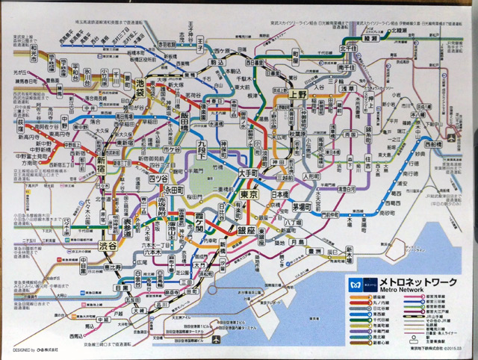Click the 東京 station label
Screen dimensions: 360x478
[x=250, y=195]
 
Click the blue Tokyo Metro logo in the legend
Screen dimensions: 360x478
[x=353, y=285]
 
